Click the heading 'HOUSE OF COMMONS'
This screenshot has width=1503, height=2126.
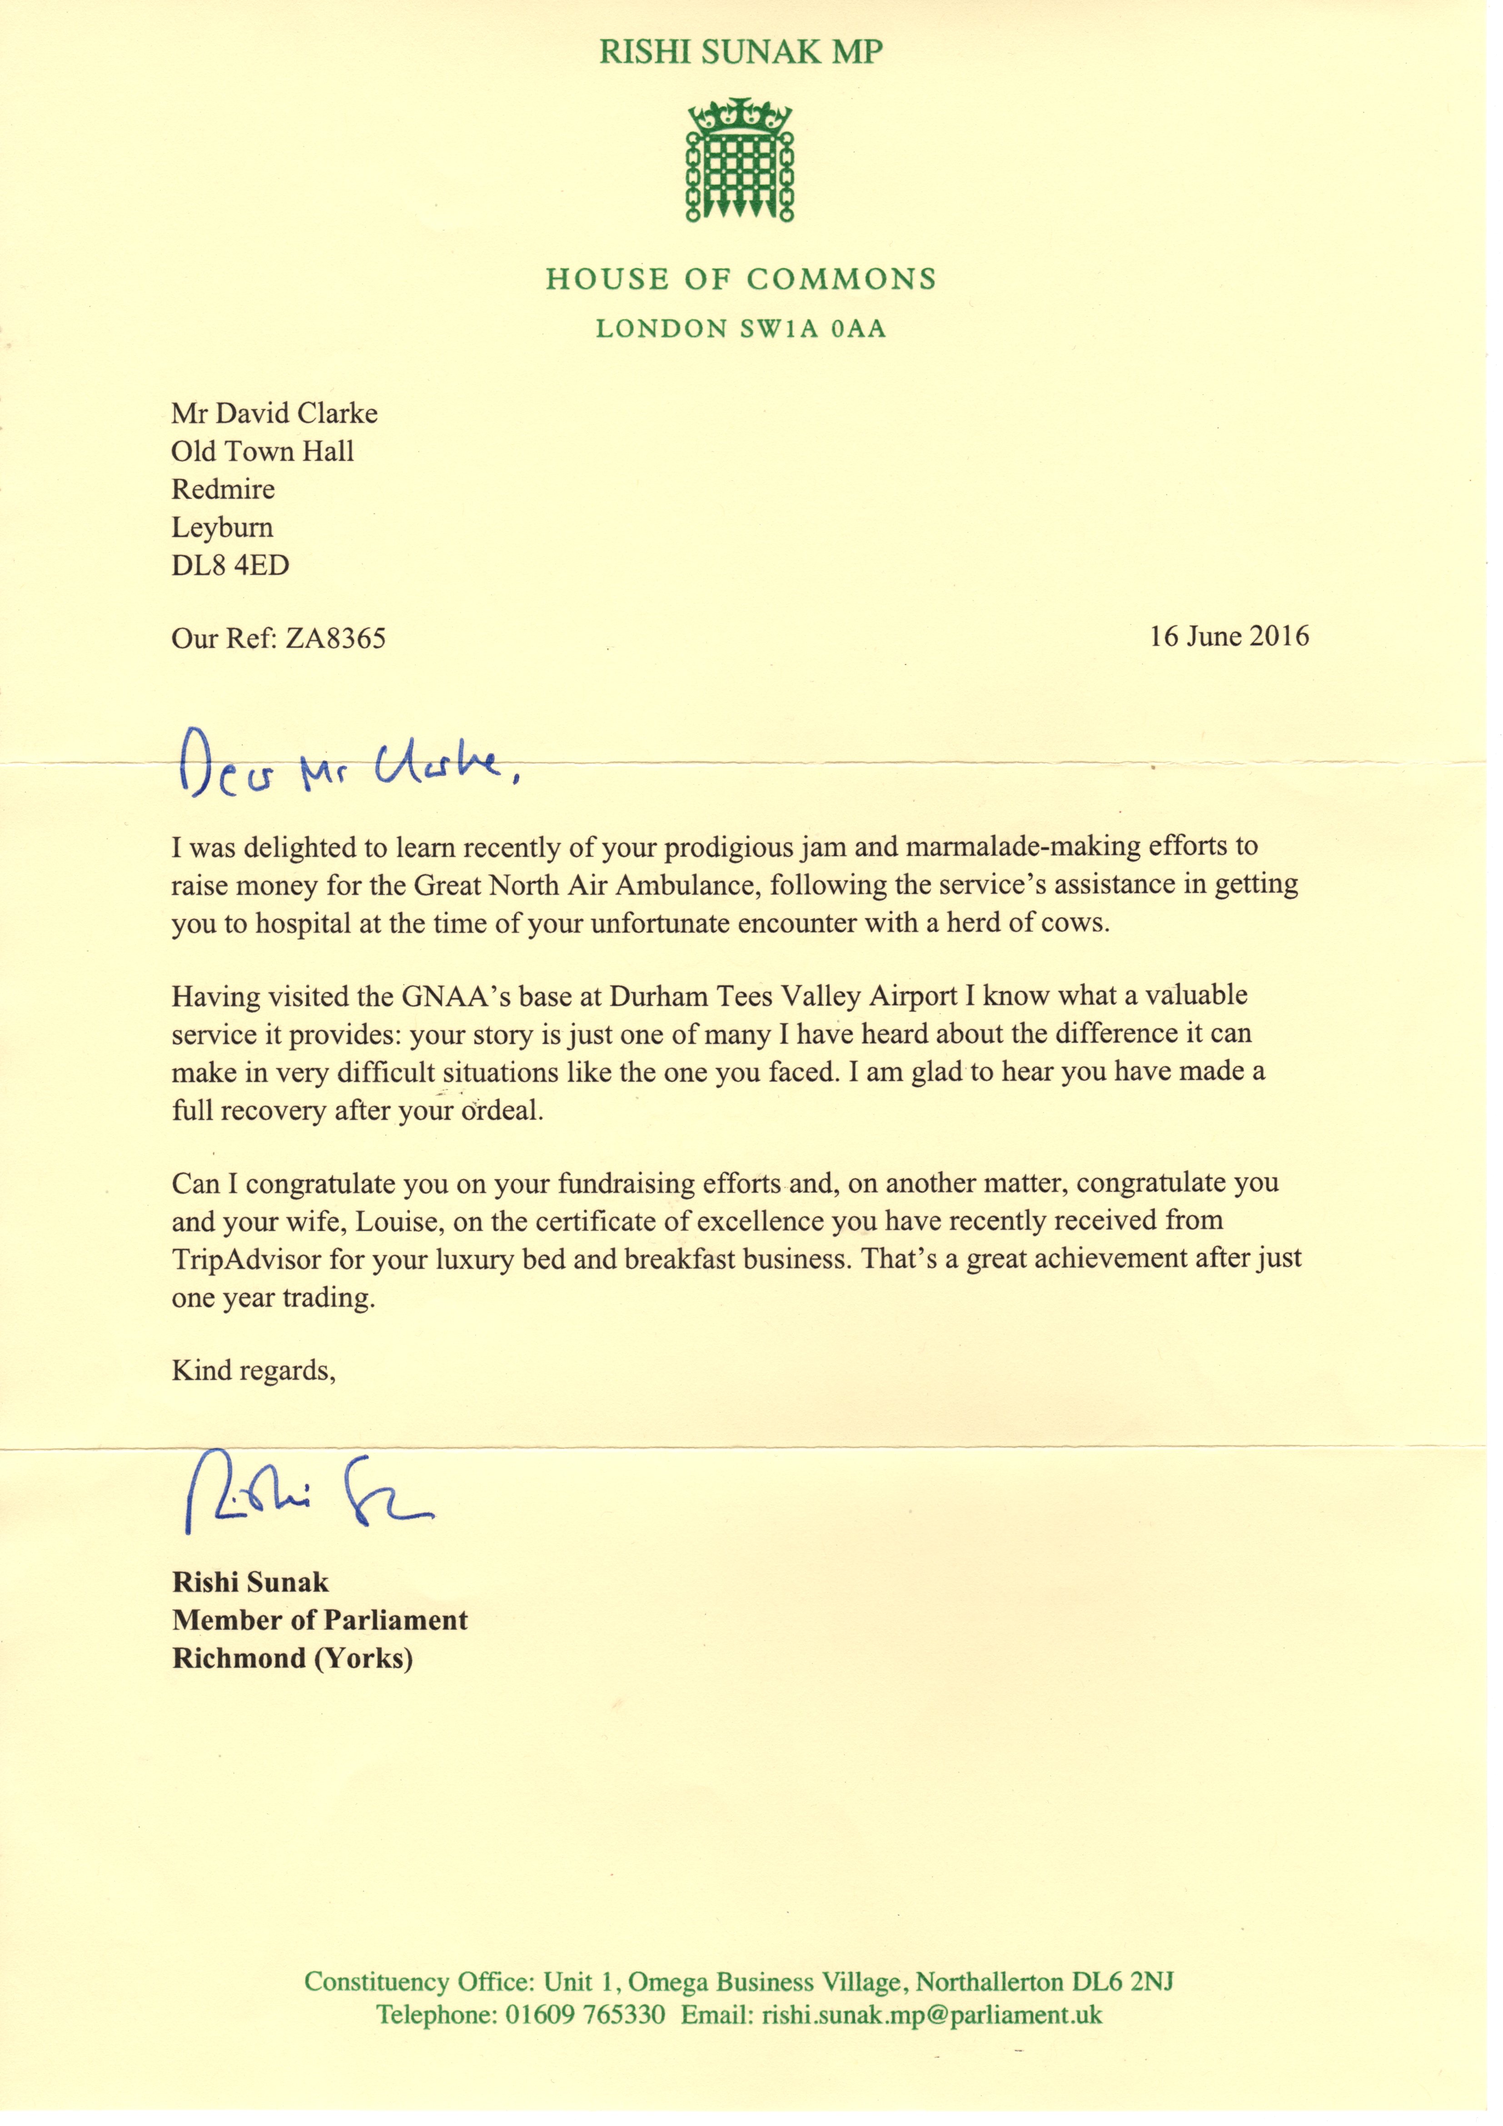click(x=740, y=279)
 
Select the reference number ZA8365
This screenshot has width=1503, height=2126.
click(x=335, y=639)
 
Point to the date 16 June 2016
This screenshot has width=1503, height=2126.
click(x=1229, y=636)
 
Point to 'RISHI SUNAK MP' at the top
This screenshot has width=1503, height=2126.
click(x=740, y=52)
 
